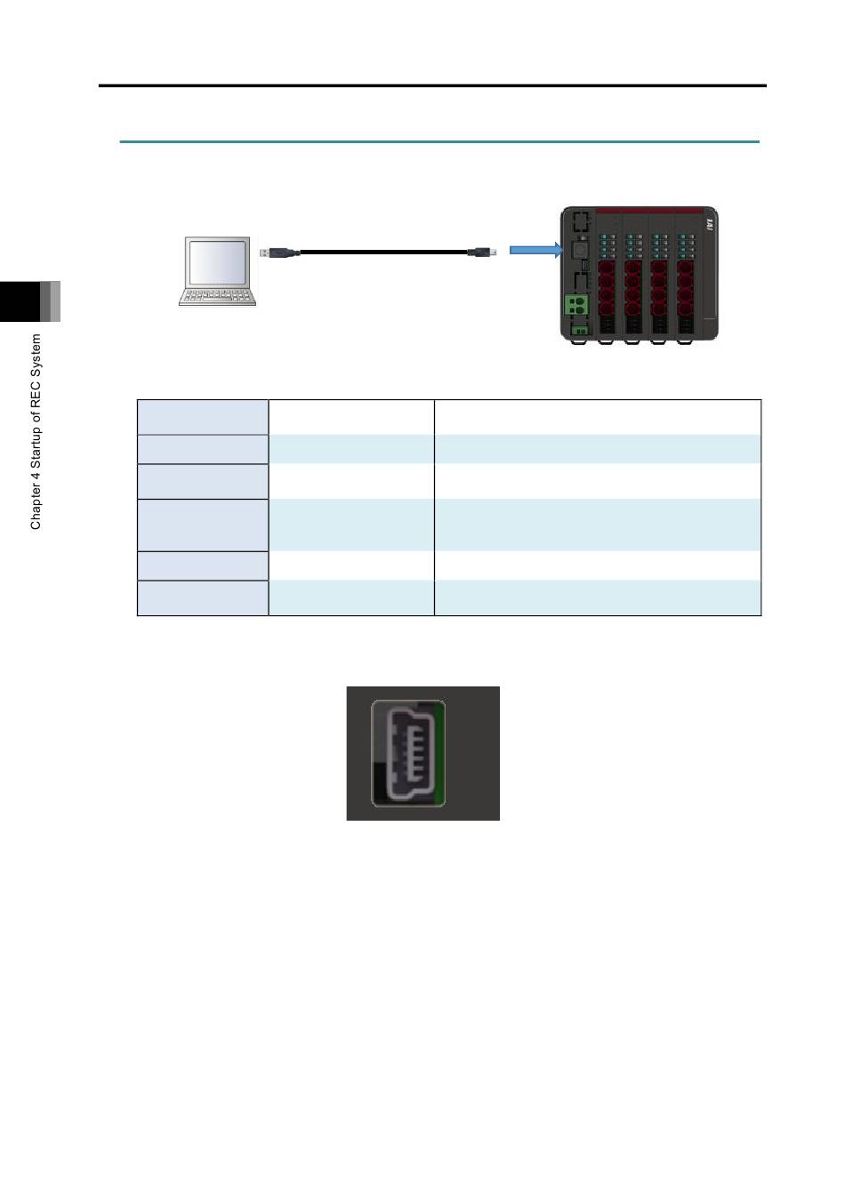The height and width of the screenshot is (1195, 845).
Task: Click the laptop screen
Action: coord(217,262)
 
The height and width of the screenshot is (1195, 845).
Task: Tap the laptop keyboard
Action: coord(217,296)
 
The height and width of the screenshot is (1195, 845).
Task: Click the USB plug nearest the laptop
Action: coord(279,253)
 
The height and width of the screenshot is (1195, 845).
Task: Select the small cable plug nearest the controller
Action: coord(482,252)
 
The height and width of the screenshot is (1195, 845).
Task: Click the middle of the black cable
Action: coord(383,252)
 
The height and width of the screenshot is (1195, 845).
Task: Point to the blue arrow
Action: coord(536,250)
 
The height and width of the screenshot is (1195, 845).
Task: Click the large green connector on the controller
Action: coord(576,305)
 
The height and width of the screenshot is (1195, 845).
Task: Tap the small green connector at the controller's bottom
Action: coord(580,330)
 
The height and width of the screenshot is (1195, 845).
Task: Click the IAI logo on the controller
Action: coord(710,225)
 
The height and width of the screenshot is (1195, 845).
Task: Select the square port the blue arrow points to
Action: coord(580,249)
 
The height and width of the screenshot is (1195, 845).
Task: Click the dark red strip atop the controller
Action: coord(649,211)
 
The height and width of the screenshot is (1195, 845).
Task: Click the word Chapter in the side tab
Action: coord(36,508)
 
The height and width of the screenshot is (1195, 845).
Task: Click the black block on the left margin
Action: coord(20,301)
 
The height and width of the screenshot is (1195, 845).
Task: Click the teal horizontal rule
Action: coord(439,142)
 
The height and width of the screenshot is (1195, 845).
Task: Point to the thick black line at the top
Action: coord(432,85)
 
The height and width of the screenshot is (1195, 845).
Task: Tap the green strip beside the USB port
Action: coord(439,753)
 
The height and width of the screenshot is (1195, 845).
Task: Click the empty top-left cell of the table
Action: coord(203,417)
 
